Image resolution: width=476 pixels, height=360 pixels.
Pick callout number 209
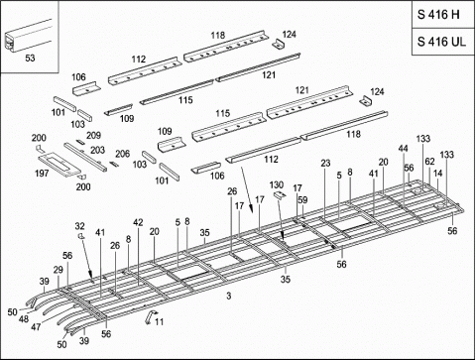[93, 135]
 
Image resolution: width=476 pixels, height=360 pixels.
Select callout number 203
[98, 150]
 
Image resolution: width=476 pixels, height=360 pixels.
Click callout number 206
[122, 154]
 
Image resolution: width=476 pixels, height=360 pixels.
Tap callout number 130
[277, 184]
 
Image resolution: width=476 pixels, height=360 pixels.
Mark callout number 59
[301, 200]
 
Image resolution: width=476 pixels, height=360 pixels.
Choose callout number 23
[325, 163]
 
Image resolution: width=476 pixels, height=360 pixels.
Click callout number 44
[403, 148]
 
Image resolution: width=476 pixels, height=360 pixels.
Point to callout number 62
[429, 161]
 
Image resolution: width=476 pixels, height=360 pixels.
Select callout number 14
[437, 173]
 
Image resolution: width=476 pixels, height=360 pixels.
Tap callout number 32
[80, 226]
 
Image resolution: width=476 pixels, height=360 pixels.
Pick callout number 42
[138, 223]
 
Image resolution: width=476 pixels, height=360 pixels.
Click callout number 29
[58, 270]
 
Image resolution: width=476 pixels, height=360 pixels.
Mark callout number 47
[37, 325]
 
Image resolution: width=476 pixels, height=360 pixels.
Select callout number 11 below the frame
[161, 322]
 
